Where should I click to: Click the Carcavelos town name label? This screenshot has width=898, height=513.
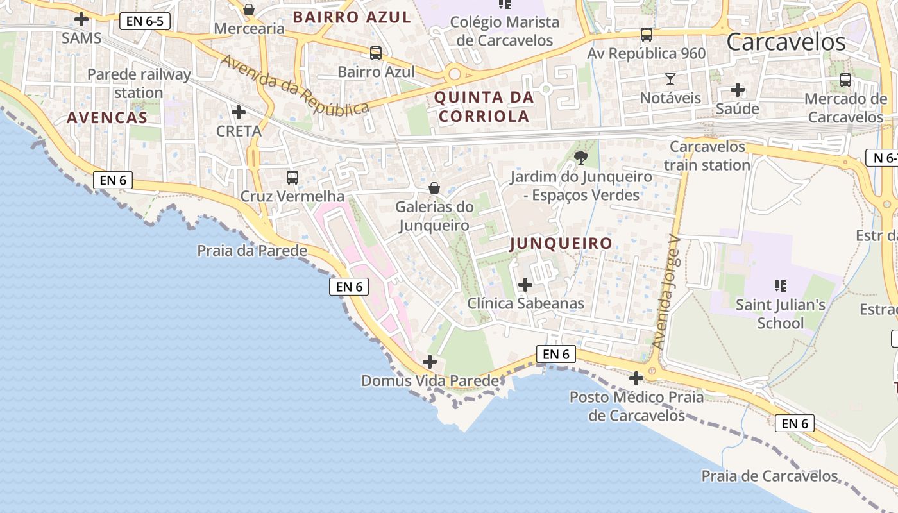pyautogui.click(x=786, y=42)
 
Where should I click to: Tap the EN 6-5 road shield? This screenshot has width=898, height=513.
pyautogui.click(x=144, y=21)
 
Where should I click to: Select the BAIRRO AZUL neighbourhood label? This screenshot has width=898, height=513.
pyautogui.click(x=352, y=17)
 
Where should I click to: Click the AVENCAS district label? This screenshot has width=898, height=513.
pyautogui.click(x=106, y=117)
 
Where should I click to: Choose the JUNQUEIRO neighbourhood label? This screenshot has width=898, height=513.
pyautogui.click(x=561, y=243)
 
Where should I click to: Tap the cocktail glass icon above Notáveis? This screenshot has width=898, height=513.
pyautogui.click(x=670, y=79)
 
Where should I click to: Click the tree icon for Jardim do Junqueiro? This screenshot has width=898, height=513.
pyautogui.click(x=581, y=157)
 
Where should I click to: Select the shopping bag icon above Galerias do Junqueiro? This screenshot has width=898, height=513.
pyautogui.click(x=434, y=188)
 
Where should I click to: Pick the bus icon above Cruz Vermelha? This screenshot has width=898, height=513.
pyautogui.click(x=292, y=177)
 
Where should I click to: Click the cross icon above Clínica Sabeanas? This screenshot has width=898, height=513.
pyautogui.click(x=525, y=284)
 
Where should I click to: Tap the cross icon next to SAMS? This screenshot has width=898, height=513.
pyautogui.click(x=81, y=19)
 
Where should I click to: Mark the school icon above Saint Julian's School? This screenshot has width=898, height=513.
pyautogui.click(x=780, y=285)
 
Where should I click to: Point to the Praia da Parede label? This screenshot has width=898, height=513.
pyautogui.click(x=252, y=250)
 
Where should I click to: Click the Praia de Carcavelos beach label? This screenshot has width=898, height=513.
pyautogui.click(x=769, y=476)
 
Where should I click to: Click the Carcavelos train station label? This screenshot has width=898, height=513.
pyautogui.click(x=707, y=156)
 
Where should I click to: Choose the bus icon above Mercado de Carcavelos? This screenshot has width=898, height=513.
pyautogui.click(x=845, y=80)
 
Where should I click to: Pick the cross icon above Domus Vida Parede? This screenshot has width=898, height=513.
pyautogui.click(x=430, y=362)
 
